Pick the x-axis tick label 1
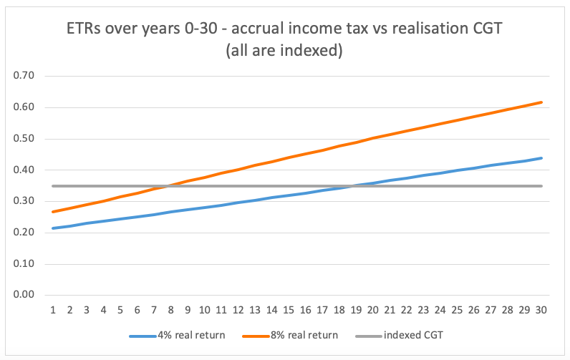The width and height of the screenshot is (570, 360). pos(54,310)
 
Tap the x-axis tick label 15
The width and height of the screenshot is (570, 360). pos(289,310)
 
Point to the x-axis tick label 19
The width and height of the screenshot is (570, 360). pos(356,310)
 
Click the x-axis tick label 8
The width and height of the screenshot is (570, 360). pos(171,310)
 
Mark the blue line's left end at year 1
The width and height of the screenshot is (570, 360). pos(54,228)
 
